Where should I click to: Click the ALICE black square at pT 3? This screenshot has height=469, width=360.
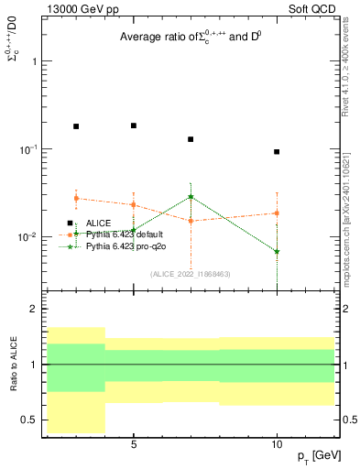76,126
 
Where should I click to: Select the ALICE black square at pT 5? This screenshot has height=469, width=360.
134,125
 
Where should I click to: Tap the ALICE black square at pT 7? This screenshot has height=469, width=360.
191,139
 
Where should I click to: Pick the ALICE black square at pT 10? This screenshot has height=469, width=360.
277,152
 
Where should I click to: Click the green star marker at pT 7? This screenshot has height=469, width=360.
191,196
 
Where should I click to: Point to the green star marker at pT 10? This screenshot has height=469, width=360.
277,251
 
